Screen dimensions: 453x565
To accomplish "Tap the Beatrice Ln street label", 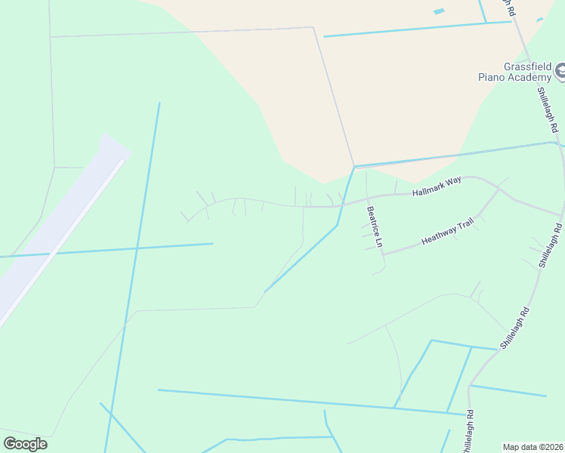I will coord(375,227).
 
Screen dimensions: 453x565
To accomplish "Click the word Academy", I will coord(529,77).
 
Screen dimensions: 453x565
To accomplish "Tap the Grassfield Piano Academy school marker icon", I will coord(560,72).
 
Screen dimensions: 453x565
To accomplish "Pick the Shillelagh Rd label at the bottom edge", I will coord(470,432).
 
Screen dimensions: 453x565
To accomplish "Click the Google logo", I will coord(25,443).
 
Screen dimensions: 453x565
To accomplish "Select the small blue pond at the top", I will coord(439,11).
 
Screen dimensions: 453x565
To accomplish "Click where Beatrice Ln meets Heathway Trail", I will coord(383,254).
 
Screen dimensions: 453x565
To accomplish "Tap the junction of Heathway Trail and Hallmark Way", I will coord(500,189).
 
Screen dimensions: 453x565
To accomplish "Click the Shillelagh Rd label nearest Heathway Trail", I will coord(550,245).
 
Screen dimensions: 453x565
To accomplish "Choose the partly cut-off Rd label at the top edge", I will coord(510,8).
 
